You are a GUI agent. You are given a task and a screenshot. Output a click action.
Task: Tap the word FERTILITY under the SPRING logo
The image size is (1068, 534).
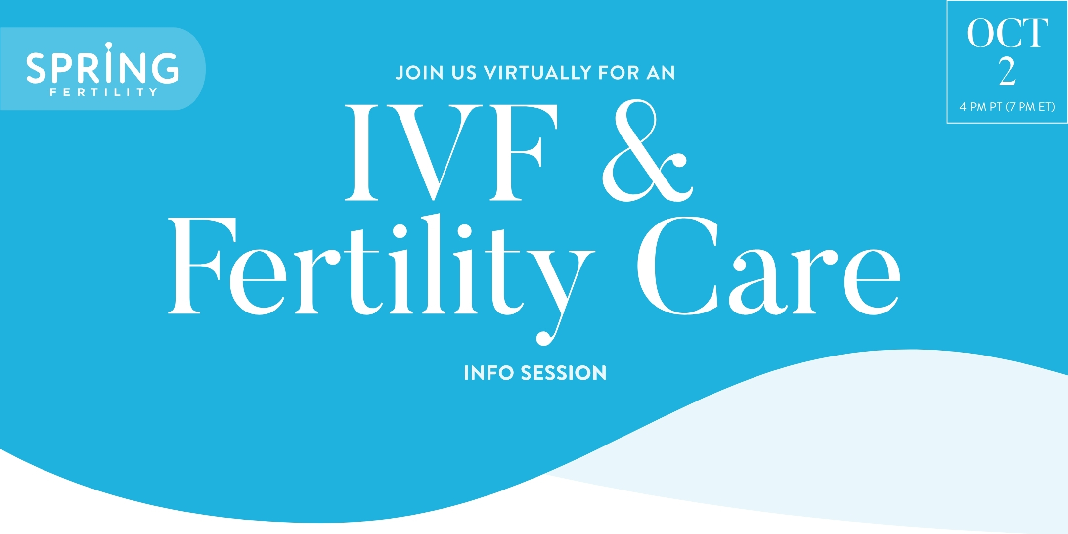(103, 92)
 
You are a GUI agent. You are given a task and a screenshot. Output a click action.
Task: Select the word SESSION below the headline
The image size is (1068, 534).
(564, 373)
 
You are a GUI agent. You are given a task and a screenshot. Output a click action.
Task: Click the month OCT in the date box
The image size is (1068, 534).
(1007, 34)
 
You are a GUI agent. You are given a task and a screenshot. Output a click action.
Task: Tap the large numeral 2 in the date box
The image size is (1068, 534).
(1007, 72)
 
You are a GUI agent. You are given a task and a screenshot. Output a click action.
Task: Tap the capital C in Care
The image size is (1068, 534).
(678, 266)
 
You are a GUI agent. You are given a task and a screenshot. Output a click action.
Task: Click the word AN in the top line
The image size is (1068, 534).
(661, 73)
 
